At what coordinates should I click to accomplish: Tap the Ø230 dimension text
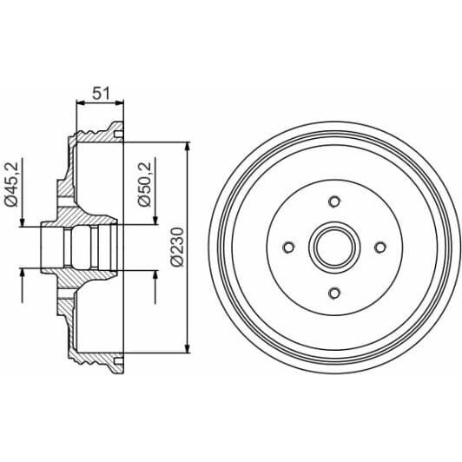tap(176, 246)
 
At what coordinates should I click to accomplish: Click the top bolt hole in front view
tap(334, 202)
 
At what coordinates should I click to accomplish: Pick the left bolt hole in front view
tap(289, 247)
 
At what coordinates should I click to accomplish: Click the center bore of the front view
tap(334, 247)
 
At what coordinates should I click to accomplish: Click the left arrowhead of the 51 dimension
tap(80, 102)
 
